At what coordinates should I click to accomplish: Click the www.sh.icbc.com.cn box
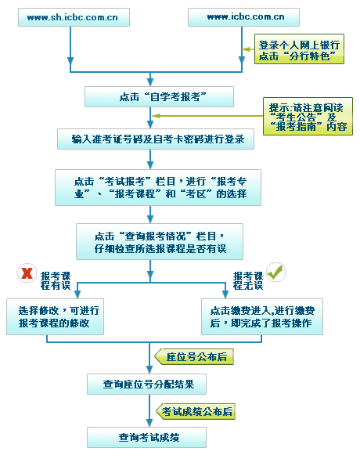tap(74, 17)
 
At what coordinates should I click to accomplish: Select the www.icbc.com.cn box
tap(243, 17)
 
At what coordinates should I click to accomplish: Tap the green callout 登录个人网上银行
tap(299, 49)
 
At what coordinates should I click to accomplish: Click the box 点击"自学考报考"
tap(159, 96)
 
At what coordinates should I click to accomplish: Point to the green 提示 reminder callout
tap(308, 117)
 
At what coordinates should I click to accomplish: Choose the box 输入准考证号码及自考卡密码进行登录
tap(156, 139)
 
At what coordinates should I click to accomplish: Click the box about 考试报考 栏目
tap(158, 187)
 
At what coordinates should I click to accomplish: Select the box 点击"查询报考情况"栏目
tap(160, 241)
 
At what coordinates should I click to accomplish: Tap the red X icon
tap(27, 273)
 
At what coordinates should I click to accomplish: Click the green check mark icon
tap(275, 272)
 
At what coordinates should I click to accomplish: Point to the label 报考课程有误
tap(56, 281)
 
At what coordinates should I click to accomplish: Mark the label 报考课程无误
tap(248, 281)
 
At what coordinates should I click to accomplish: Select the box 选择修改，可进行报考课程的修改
tap(55, 316)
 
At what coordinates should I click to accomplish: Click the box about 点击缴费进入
tap(262, 316)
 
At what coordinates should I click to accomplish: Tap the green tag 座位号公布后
tap(194, 356)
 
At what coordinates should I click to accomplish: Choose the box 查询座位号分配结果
tap(147, 384)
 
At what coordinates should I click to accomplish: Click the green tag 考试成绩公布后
tap(196, 411)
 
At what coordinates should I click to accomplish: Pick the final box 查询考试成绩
tap(147, 437)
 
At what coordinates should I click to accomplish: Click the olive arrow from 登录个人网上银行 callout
tap(248, 49)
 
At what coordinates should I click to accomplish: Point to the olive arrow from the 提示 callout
tap(207, 116)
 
